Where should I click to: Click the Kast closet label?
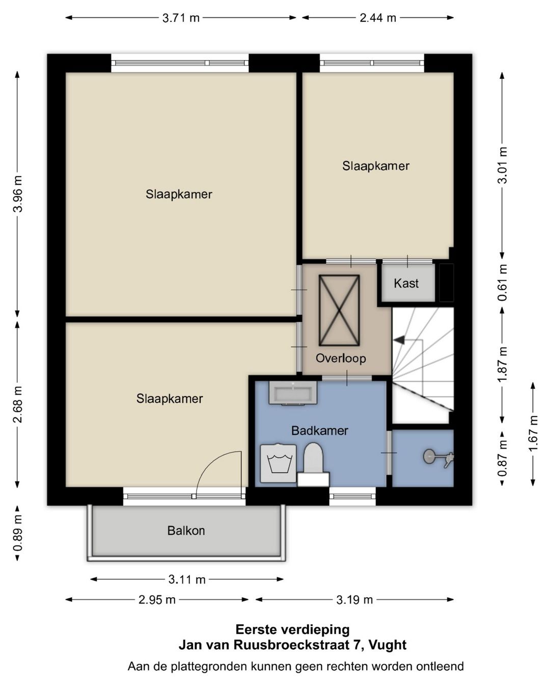(x=406, y=283)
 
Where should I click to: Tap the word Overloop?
(x=341, y=359)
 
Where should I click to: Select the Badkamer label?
(x=319, y=431)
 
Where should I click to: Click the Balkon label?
(x=186, y=531)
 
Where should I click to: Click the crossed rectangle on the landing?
(x=339, y=311)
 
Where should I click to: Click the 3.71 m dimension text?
(x=181, y=18)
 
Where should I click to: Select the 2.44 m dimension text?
(x=378, y=18)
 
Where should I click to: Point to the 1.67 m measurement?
(x=533, y=432)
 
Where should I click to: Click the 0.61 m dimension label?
(x=502, y=283)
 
